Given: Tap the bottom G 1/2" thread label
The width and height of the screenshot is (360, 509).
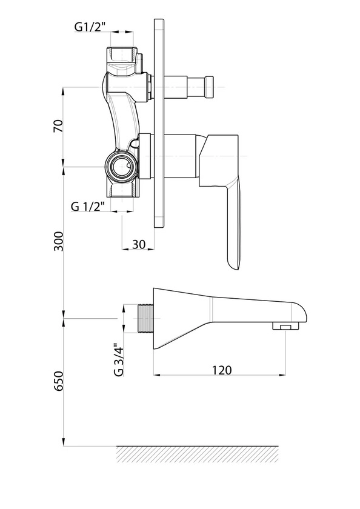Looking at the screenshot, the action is [88, 206].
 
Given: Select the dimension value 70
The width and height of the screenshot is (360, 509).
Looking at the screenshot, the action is [58, 126].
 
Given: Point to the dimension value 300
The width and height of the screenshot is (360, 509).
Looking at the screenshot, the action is [58, 241].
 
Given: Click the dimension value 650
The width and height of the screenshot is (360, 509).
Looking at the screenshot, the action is [58, 381].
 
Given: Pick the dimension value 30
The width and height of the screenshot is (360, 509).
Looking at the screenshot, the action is [139, 244].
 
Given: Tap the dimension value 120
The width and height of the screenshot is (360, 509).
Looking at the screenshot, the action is [222, 370].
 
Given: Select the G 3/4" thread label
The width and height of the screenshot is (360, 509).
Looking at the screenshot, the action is [119, 360].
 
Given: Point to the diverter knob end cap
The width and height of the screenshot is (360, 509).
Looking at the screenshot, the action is [209, 87].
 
